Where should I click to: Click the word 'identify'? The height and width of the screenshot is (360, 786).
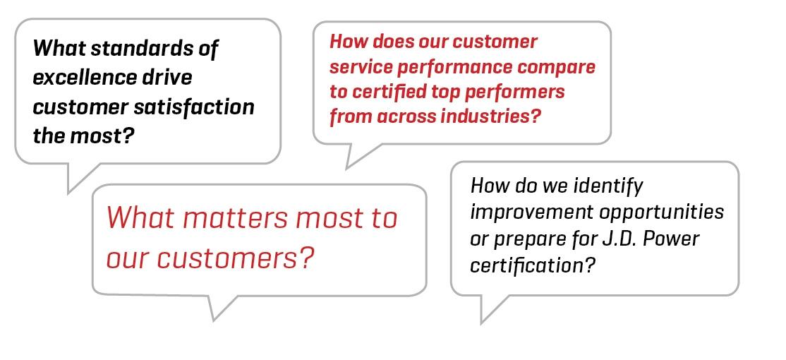611,186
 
